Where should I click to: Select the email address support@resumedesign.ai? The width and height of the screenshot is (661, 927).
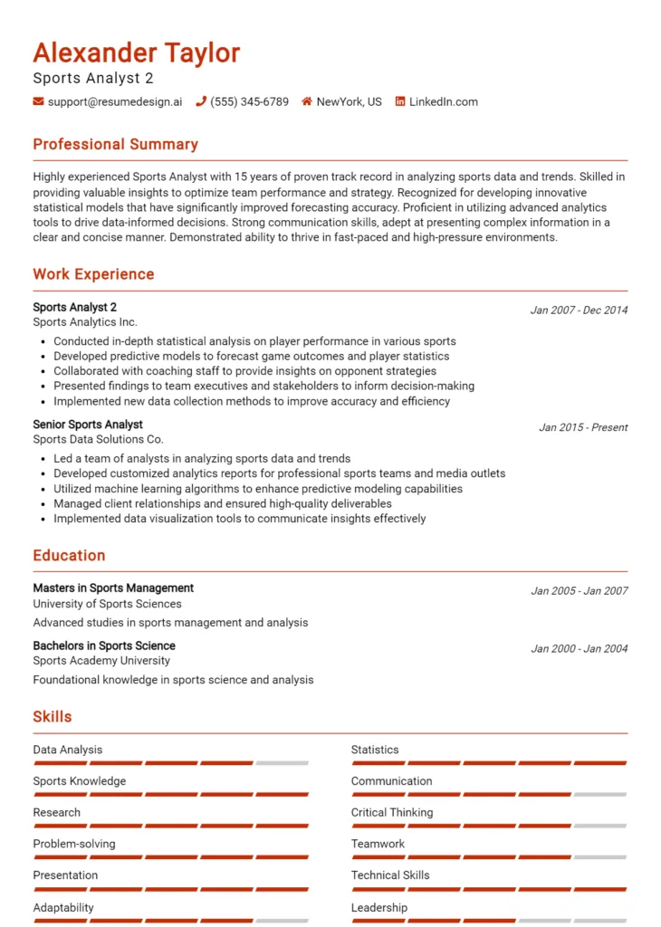114,102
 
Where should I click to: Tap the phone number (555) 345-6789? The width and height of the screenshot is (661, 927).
249,102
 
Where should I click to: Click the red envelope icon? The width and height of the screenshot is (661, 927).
38,102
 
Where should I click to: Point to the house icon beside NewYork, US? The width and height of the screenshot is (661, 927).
307,102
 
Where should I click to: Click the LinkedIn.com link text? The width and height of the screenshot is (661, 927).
443,102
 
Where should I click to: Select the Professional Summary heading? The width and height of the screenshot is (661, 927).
115,145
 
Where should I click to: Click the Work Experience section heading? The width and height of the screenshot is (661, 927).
93,274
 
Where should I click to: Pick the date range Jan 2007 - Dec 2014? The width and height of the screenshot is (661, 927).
579,310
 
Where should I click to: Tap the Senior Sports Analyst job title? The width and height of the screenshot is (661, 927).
88,425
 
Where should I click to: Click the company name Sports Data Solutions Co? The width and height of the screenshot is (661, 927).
98,439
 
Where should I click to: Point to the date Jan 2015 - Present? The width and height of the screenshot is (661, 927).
583,427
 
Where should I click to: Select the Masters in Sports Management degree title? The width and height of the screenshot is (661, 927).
113,588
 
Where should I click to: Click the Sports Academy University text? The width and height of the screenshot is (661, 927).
101,661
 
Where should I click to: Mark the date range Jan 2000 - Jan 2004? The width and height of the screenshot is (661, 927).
579,648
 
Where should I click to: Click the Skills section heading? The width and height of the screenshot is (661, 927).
53,717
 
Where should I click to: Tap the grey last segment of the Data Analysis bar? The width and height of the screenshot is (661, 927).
282,763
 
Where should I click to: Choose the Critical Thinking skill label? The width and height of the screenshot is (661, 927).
392,813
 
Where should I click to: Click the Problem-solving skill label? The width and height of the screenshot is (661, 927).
74,844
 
